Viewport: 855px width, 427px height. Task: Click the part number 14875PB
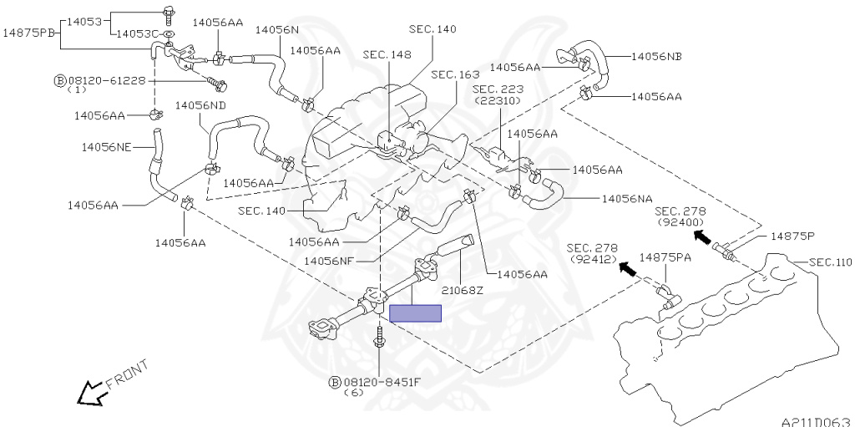coord(29,33)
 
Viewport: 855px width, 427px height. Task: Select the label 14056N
coord(276,29)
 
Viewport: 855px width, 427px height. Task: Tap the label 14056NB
coord(656,57)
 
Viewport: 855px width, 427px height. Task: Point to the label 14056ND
coord(200,105)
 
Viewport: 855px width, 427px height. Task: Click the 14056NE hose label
coord(106,147)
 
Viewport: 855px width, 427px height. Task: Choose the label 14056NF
coord(331,261)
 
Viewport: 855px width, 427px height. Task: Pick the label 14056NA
coord(627,200)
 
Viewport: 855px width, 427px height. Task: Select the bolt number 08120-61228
coord(106,80)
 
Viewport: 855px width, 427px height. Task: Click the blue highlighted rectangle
coord(415,313)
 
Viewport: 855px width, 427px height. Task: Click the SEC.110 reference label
coord(830,262)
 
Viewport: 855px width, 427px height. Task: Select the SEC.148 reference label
coord(388,55)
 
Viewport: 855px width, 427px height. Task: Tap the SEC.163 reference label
coord(456,74)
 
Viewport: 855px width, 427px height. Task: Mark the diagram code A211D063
coord(816,420)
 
